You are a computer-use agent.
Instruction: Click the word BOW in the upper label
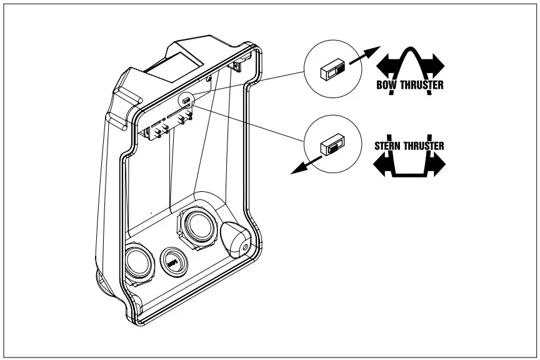[x=388, y=85]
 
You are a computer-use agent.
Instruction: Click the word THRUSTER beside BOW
[x=423, y=85]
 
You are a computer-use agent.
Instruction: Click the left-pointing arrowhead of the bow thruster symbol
[x=384, y=64]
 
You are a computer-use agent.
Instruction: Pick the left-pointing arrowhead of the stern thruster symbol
[x=382, y=165]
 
